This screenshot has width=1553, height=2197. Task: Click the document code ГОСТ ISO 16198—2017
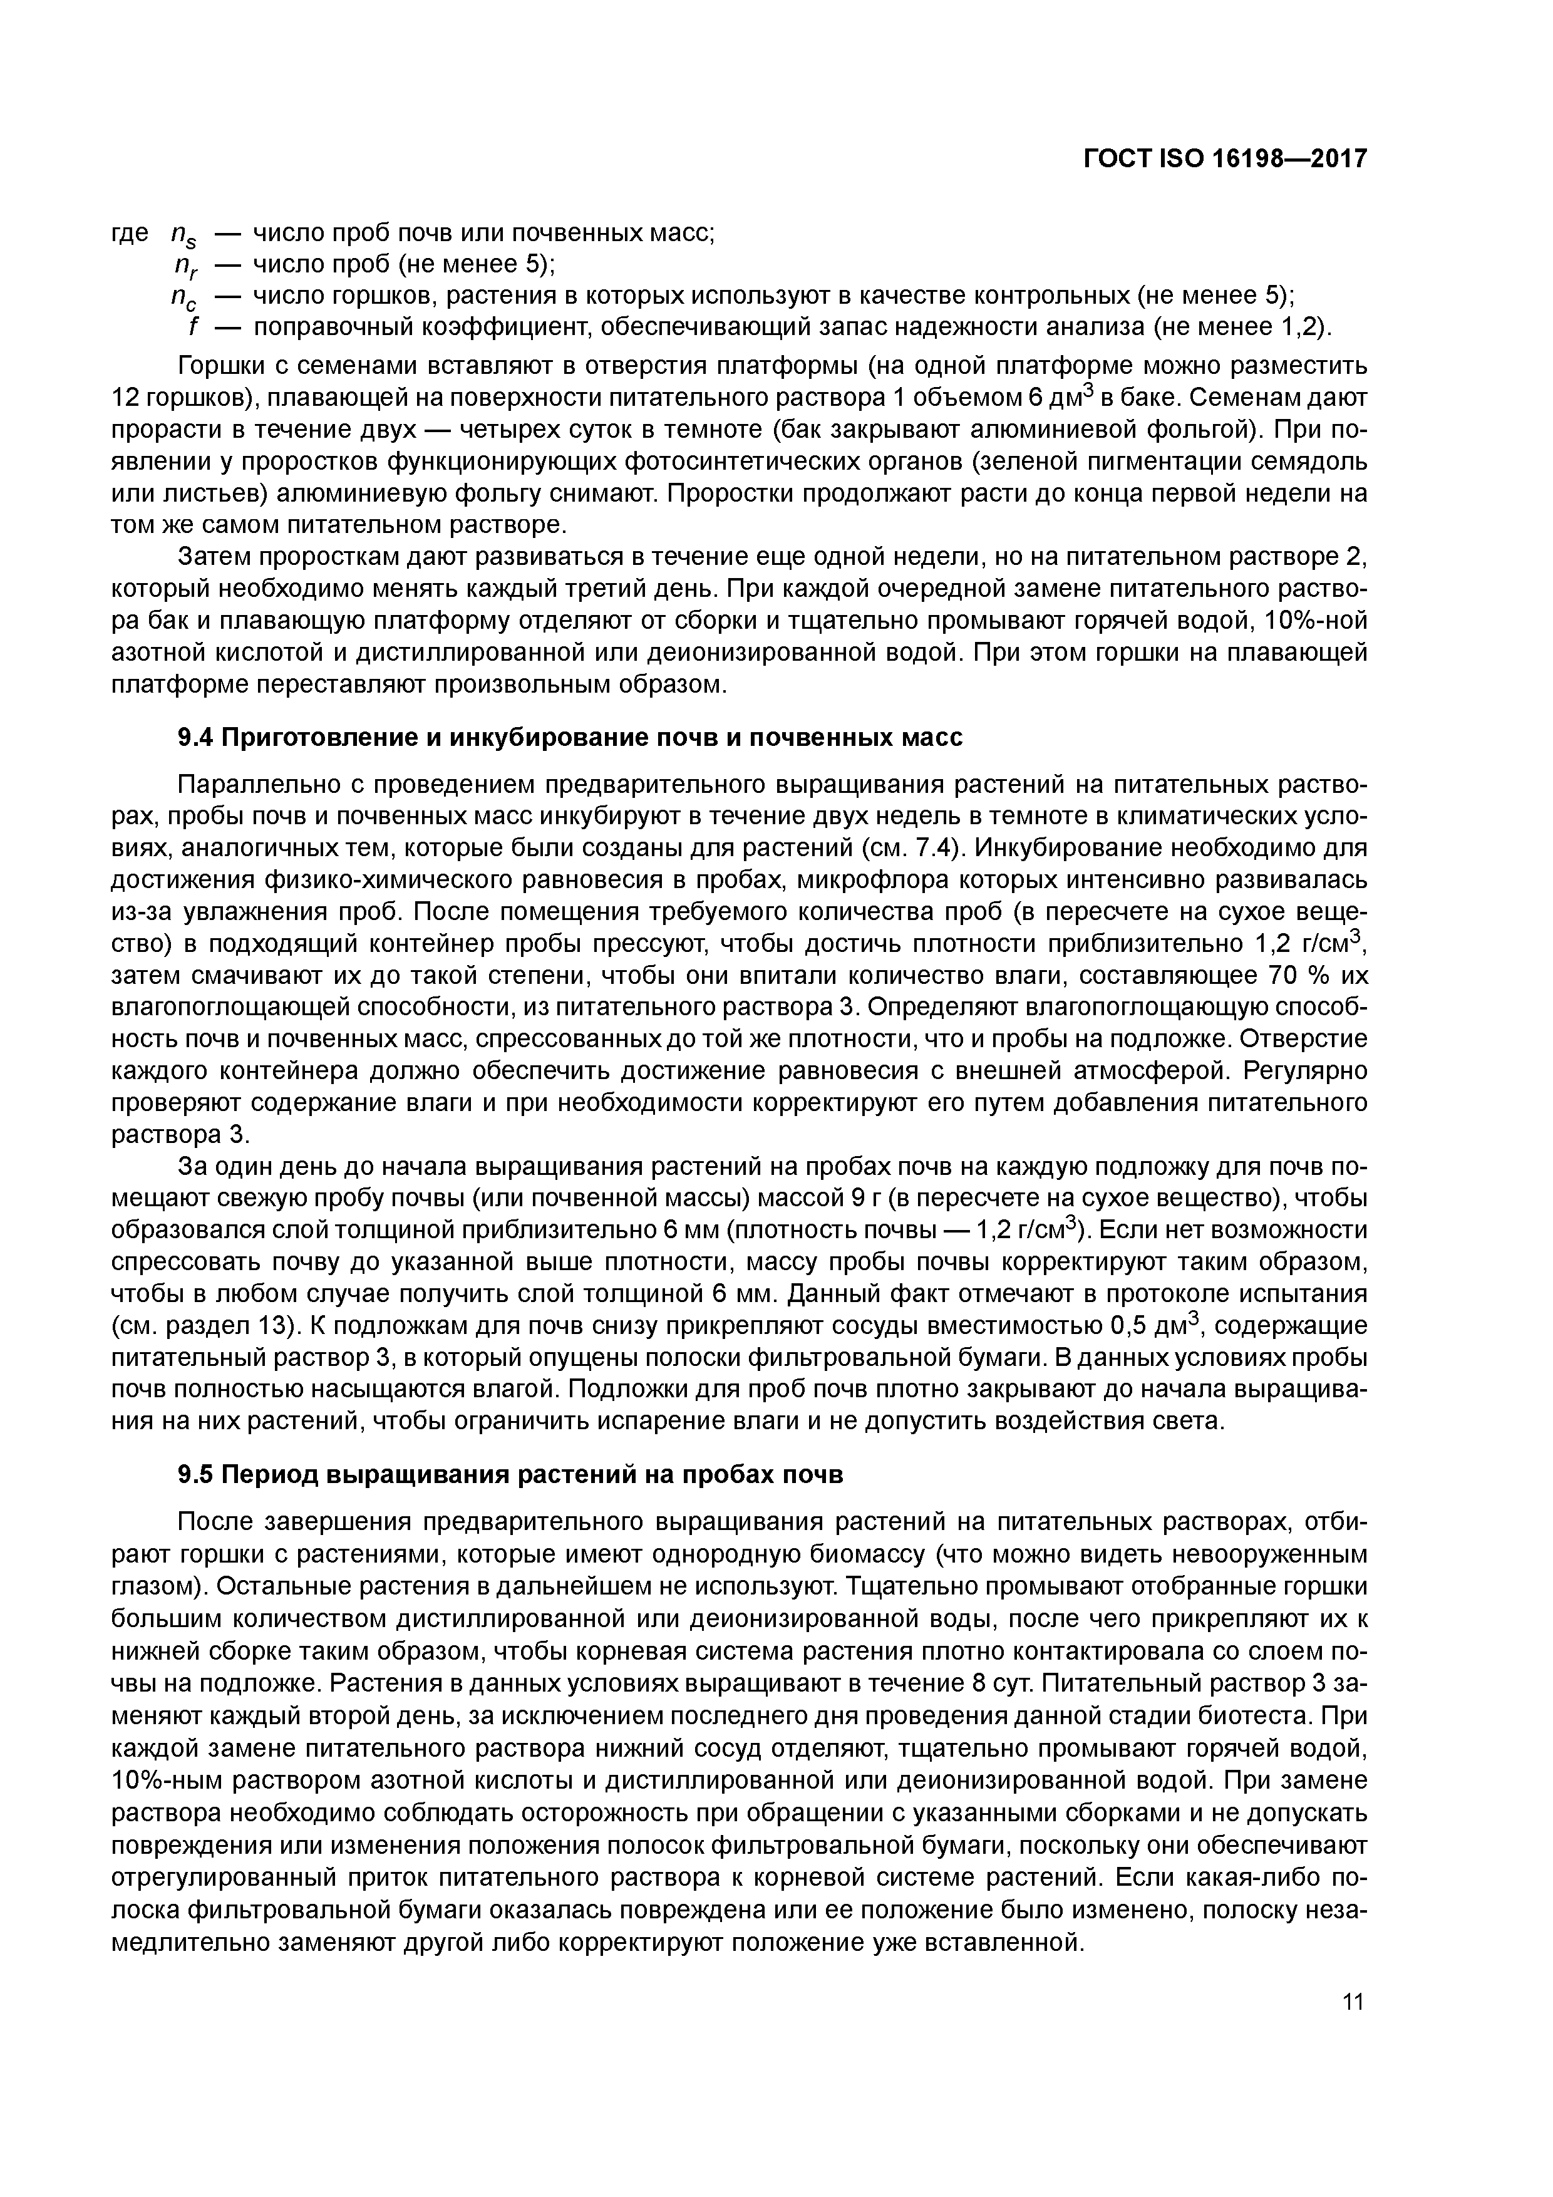[1225, 159]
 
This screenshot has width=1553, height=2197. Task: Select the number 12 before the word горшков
[127, 398]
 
